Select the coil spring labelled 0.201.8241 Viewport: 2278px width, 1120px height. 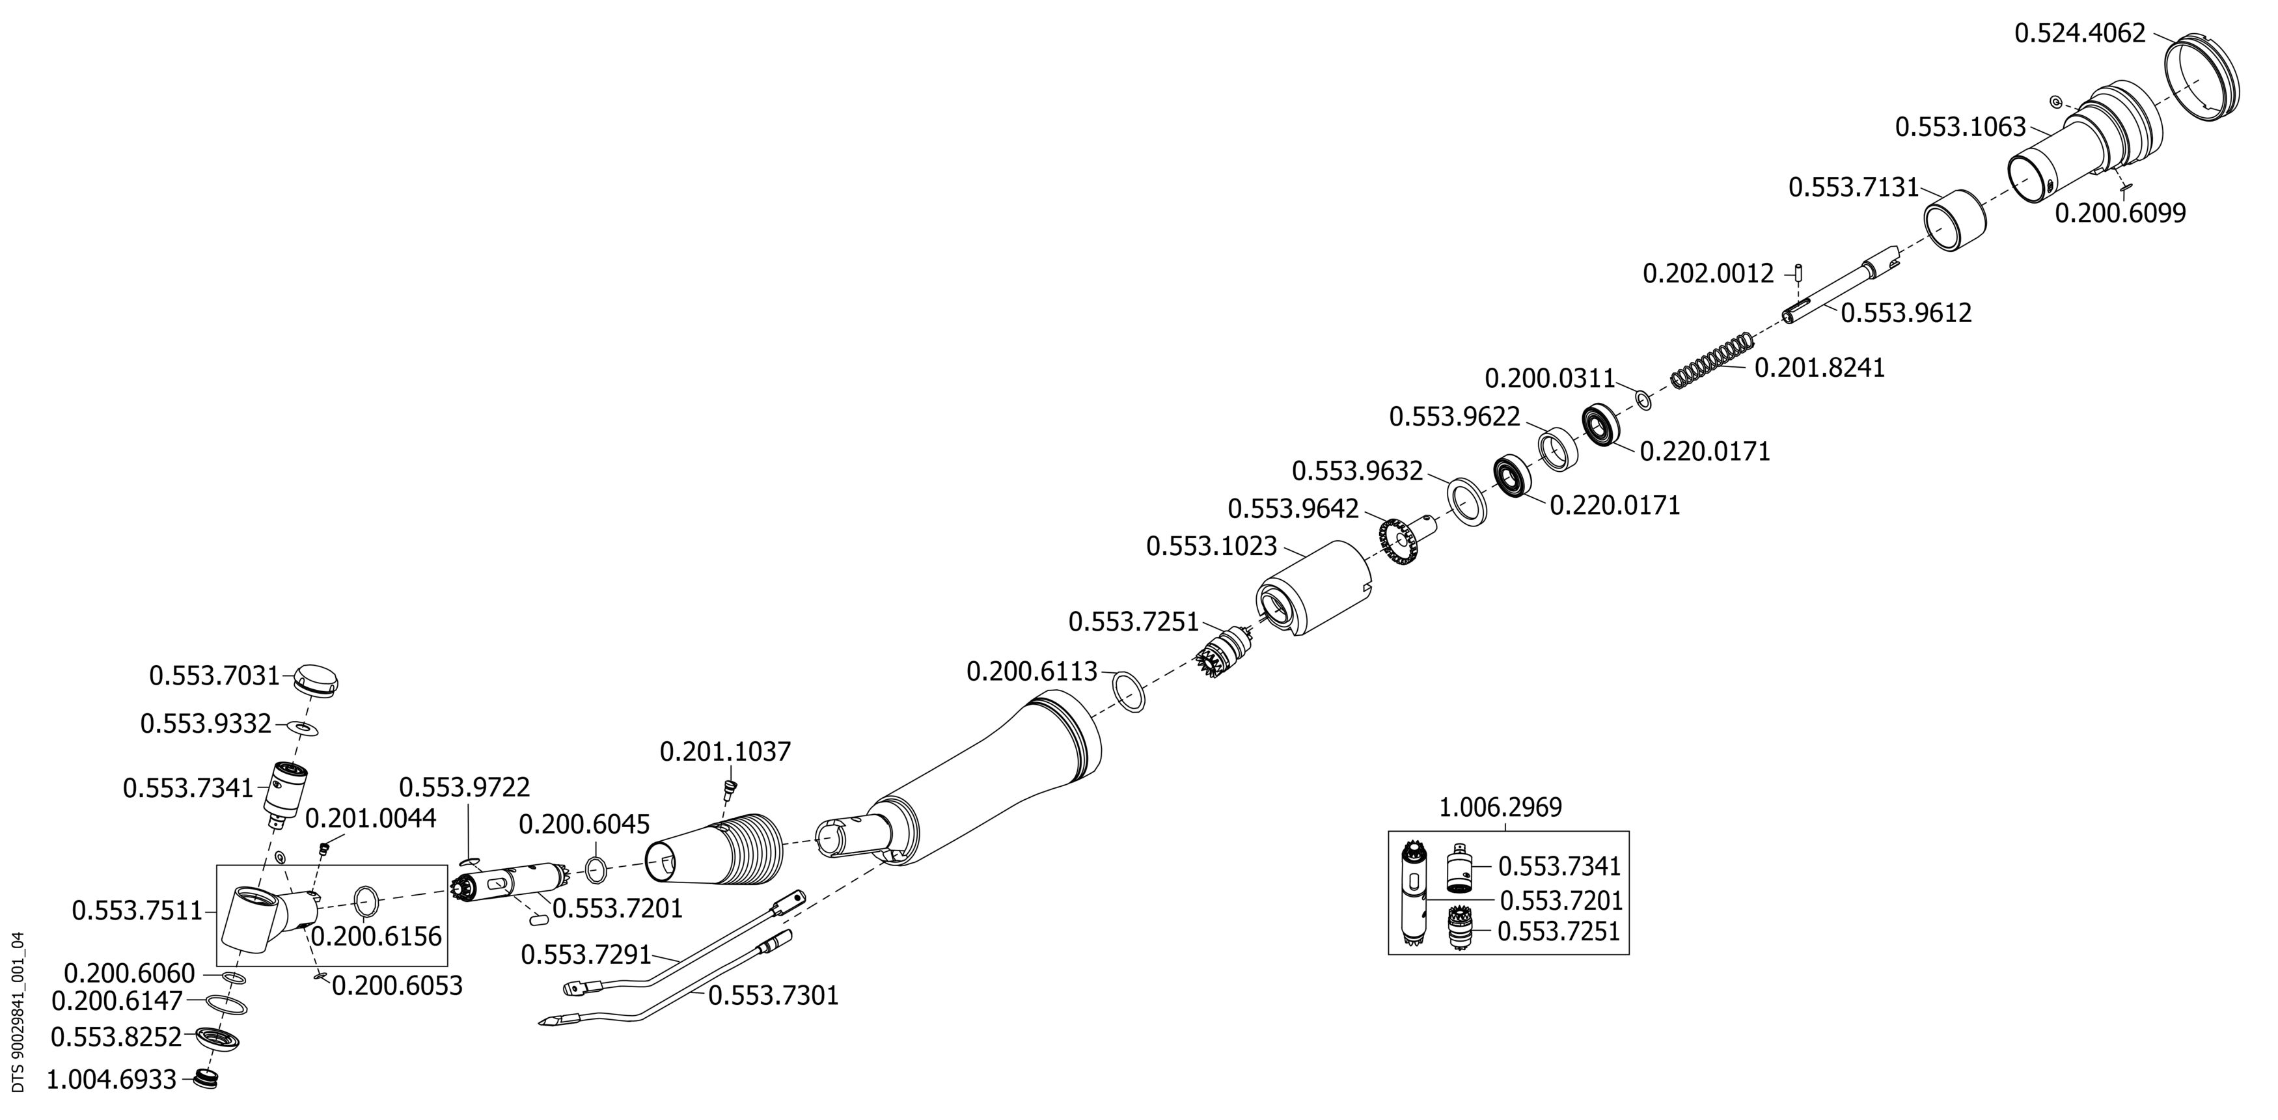(x=1711, y=360)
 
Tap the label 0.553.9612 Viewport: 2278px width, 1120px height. (x=1906, y=313)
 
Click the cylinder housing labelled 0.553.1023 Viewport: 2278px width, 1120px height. (x=1313, y=588)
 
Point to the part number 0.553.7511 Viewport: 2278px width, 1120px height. (x=138, y=910)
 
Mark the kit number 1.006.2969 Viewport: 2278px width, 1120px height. (x=1501, y=807)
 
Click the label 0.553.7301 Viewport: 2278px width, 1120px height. (x=773, y=996)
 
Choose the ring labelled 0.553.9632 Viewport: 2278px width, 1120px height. (x=1467, y=502)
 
